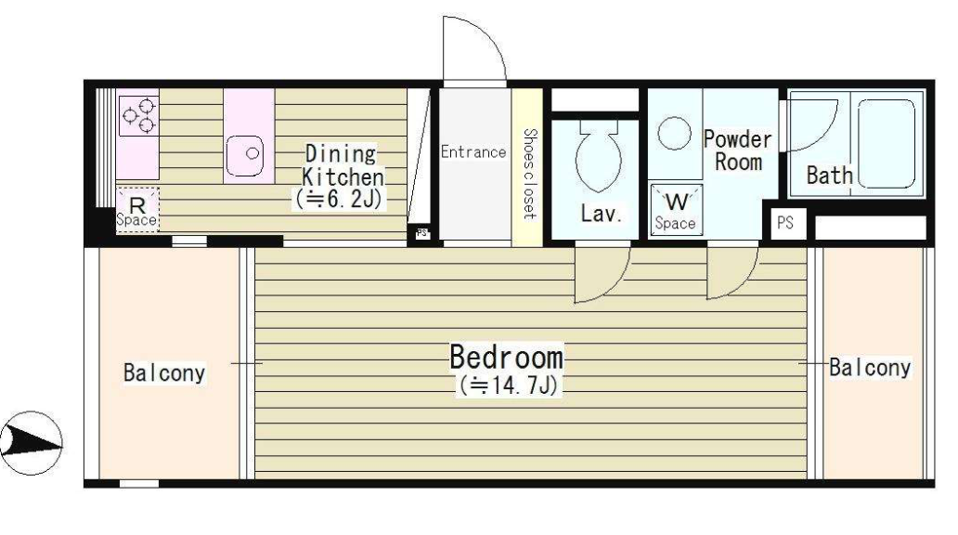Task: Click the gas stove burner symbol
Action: (x=138, y=115)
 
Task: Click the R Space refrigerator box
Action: (x=137, y=210)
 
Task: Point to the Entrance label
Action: (x=473, y=151)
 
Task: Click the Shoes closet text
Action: (x=529, y=173)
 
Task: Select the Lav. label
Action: (x=602, y=214)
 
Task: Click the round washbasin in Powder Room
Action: (x=675, y=133)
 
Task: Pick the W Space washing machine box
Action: (x=677, y=210)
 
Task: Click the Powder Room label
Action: (x=738, y=150)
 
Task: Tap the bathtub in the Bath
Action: (x=887, y=144)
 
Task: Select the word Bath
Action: (x=829, y=176)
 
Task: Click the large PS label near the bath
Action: (x=785, y=223)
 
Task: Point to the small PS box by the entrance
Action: (x=421, y=233)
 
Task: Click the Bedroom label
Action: (x=507, y=357)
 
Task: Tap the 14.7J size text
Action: (x=509, y=385)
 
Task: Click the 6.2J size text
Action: (x=340, y=199)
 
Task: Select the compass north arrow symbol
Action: (x=32, y=443)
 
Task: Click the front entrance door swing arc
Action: (x=490, y=36)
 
